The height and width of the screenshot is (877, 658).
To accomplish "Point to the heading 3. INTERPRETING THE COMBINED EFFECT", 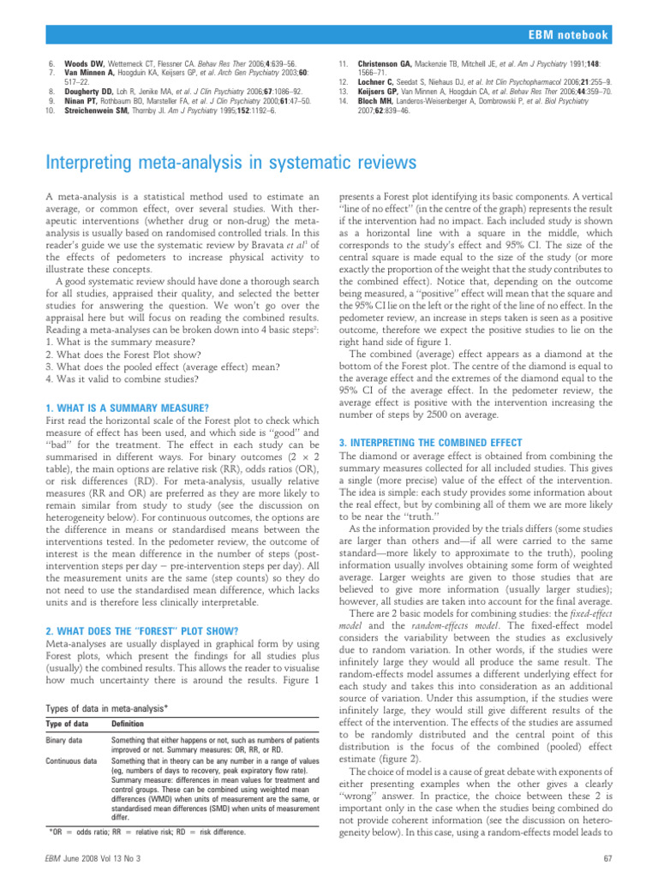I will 431,442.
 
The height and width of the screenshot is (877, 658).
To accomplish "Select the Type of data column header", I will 69,725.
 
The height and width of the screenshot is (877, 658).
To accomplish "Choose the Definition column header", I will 129,725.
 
